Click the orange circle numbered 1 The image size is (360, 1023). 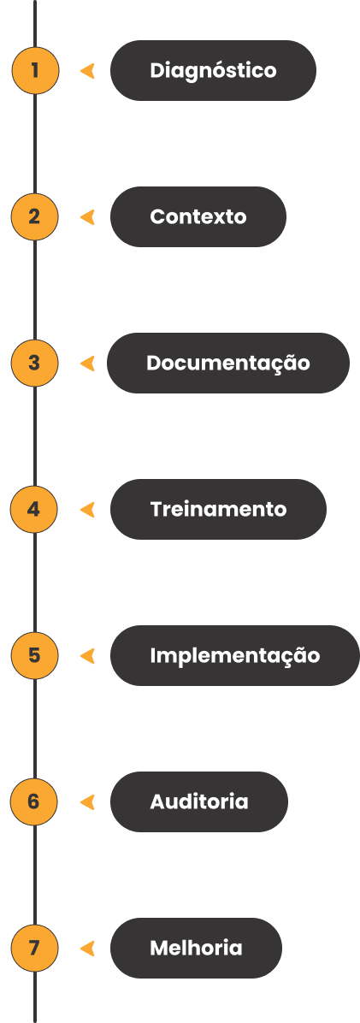tap(35, 70)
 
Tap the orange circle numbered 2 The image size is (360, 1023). tap(34, 216)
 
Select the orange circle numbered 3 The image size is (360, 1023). tap(34, 363)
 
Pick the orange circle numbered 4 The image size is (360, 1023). tap(34, 509)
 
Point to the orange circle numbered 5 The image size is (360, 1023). tap(34, 655)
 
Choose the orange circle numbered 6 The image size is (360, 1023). tap(34, 801)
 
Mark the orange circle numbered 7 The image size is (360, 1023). tap(34, 948)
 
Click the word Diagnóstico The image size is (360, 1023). tap(213, 70)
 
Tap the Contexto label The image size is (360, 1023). tap(198, 216)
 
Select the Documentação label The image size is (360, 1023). tap(228, 363)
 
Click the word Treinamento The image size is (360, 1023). tap(218, 509)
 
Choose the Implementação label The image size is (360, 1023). tap(235, 655)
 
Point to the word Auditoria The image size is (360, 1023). tap(199, 801)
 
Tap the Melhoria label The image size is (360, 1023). tap(197, 948)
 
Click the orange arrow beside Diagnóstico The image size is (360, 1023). tap(87, 70)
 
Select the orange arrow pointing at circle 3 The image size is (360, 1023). tap(87, 363)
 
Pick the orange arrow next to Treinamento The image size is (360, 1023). tap(87, 509)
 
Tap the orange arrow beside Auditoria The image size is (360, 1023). tap(87, 801)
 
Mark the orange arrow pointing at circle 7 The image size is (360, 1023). tap(87, 948)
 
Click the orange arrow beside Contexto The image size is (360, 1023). tap(87, 216)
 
